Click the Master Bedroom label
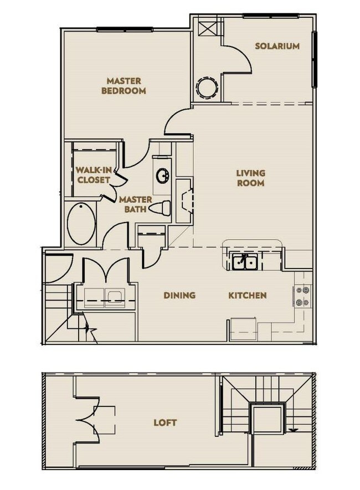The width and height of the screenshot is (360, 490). tap(124, 86)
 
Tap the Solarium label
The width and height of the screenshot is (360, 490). tap(277, 47)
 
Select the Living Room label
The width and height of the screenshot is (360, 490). tap(250, 178)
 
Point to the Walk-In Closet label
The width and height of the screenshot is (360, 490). tap(92, 175)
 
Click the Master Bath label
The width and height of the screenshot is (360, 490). tap(132, 204)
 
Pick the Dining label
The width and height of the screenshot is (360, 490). tap(179, 295)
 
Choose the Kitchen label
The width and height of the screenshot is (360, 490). tap(248, 295)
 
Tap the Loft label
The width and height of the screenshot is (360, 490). tap(165, 422)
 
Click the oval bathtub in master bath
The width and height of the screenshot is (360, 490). tap(81, 224)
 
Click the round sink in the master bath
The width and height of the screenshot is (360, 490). tap(163, 177)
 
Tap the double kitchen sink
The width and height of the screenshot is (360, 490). tap(244, 261)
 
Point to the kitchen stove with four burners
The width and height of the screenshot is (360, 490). tap(302, 296)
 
